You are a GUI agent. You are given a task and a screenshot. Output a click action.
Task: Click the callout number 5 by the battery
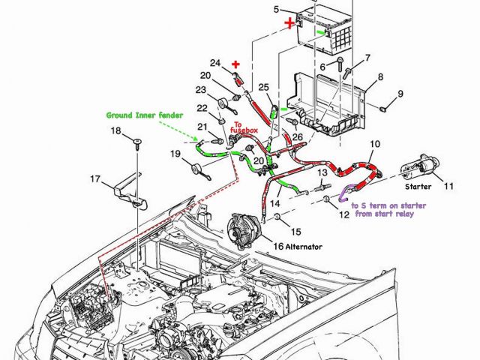(276, 9)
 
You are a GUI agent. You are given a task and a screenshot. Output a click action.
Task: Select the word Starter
(418, 185)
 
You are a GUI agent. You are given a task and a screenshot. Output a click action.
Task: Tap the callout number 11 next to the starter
(449, 185)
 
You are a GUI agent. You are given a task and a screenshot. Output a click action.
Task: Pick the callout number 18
(115, 131)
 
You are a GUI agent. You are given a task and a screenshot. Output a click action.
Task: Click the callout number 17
(95, 178)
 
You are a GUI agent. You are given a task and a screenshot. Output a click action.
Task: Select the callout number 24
(215, 62)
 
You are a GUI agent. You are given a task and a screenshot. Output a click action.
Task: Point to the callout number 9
(400, 94)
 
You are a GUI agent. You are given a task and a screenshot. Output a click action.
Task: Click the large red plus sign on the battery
(289, 24)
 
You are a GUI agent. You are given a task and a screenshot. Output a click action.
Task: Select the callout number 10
(375, 143)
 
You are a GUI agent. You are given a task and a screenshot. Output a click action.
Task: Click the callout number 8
(381, 76)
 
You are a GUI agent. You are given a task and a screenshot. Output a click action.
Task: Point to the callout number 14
(275, 203)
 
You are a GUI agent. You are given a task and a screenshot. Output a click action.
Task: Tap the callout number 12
(343, 214)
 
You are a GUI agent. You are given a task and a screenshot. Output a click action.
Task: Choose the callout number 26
(298, 137)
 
